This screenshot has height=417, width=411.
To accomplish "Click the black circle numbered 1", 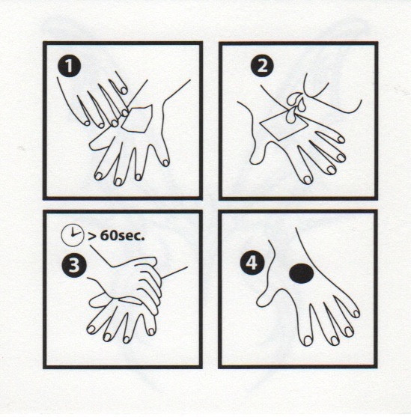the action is click(x=69, y=66).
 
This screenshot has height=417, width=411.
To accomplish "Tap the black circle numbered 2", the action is click(x=262, y=66).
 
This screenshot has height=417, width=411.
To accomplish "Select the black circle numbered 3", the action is click(x=74, y=266).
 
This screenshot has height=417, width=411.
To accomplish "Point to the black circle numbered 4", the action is click(x=252, y=264).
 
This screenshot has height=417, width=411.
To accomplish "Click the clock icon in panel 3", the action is click(x=73, y=235).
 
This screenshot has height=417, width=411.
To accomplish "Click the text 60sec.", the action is click(x=122, y=236).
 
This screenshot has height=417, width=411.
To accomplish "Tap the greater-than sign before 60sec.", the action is click(x=92, y=236).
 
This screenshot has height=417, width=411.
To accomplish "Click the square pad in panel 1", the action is click(x=138, y=119).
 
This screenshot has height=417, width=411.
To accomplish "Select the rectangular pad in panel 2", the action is click(x=284, y=126).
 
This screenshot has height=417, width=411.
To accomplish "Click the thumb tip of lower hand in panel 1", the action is click(x=93, y=145).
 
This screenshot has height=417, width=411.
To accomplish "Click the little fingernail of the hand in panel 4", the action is click(x=356, y=314).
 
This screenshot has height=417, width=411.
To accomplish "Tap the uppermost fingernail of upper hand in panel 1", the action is click(x=124, y=90).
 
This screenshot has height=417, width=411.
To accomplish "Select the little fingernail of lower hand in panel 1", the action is click(x=165, y=162).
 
